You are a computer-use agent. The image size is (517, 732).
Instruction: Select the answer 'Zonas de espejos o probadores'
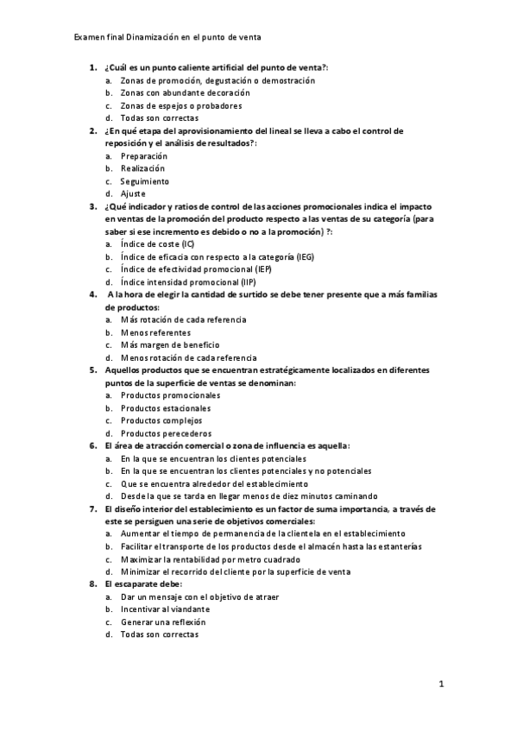pos(168,105)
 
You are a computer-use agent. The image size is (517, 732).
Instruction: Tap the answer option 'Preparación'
pos(144,156)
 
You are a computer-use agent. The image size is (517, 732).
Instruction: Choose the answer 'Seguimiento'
pos(145,181)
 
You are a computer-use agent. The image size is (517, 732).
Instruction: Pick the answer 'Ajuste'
pos(133,194)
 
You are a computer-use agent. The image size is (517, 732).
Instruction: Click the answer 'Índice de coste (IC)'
pos(158,244)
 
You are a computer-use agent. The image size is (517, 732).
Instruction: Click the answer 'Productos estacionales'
pos(166,408)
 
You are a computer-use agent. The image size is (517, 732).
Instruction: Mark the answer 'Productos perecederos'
pos(166,433)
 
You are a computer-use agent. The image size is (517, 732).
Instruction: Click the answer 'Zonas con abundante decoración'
pos(185,92)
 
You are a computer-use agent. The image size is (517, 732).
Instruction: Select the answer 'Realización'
pos(142,168)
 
